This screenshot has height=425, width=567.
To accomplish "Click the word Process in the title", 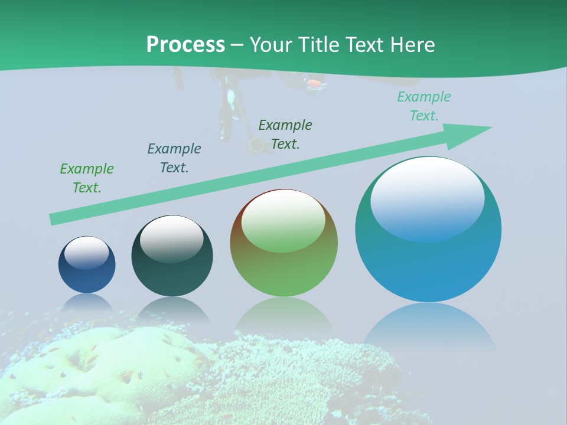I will click(185, 44).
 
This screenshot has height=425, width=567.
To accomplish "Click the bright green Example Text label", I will click(87, 178).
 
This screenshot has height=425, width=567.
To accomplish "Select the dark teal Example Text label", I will click(174, 158).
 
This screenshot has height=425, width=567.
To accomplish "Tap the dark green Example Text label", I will click(285, 135).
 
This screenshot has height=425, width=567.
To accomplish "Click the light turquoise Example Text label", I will click(424, 106).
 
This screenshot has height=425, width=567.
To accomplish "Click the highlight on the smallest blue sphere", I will click(86, 252).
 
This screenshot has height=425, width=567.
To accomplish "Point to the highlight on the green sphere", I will click(283, 220).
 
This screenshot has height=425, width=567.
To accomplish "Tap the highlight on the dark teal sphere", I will click(171, 238).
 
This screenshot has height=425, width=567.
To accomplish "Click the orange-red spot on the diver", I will click(315, 84).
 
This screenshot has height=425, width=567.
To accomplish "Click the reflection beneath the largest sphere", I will click(428, 328).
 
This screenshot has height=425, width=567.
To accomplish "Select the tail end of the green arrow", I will click(54, 219).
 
